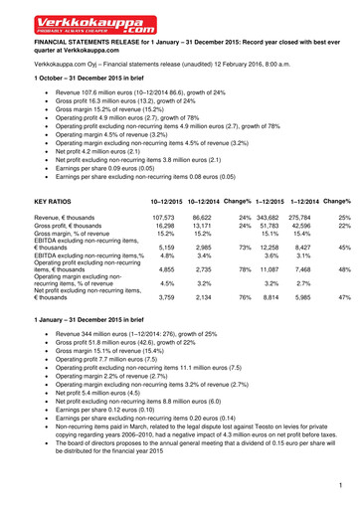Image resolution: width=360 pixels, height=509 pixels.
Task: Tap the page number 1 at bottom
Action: tap(339, 484)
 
